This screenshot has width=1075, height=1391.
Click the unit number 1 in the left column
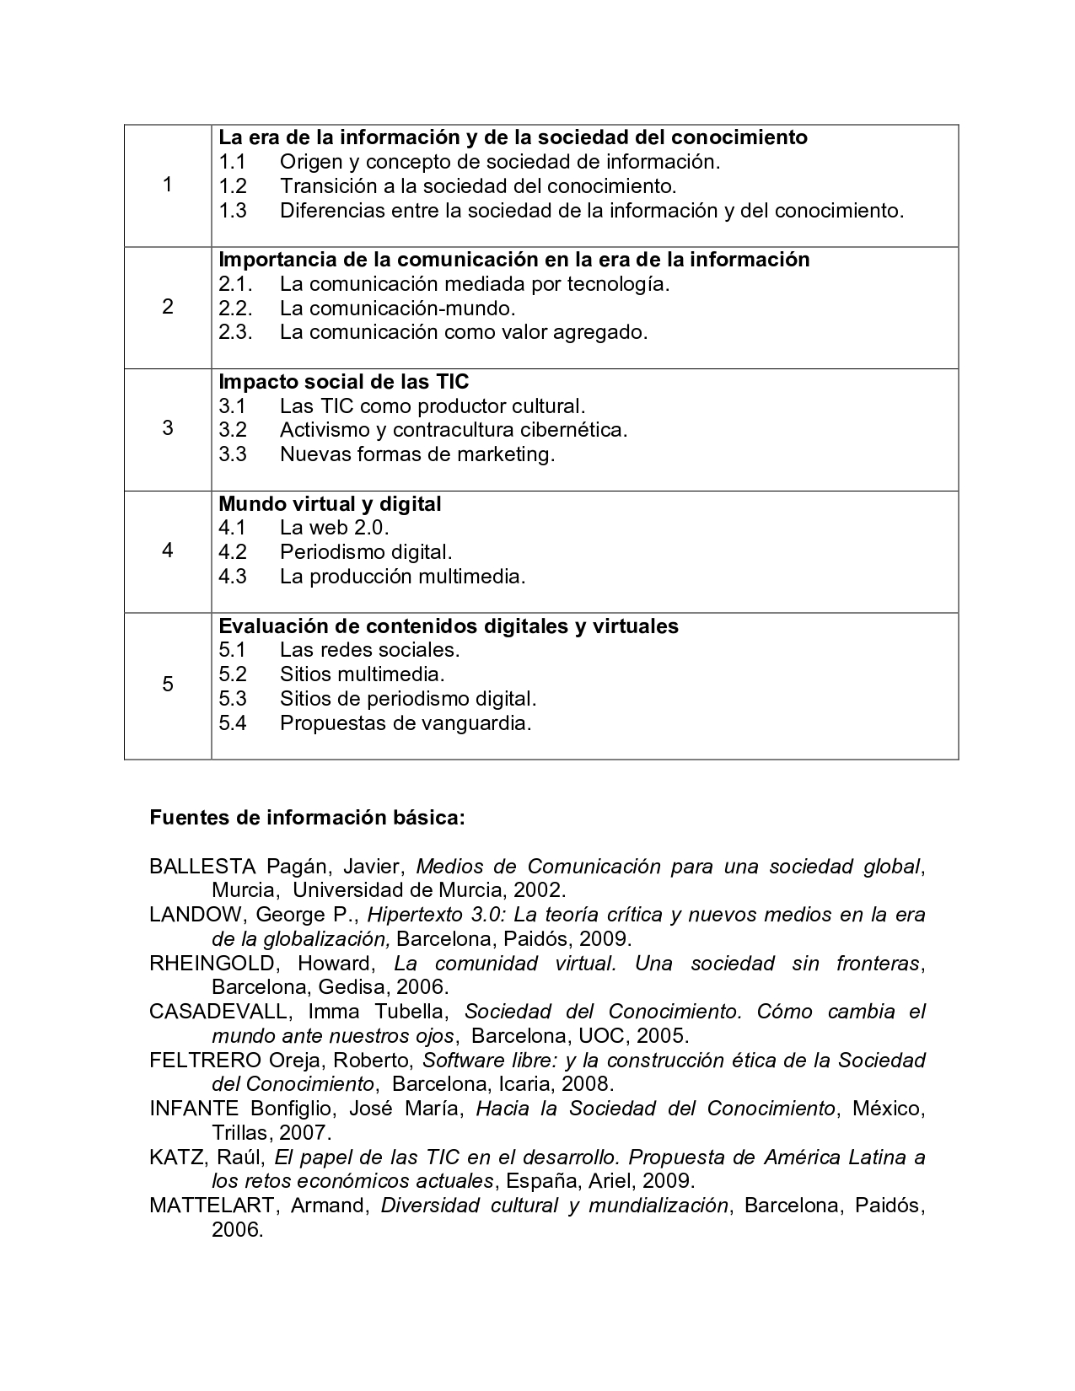click(x=167, y=185)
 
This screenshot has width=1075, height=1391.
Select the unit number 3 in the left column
click(x=167, y=428)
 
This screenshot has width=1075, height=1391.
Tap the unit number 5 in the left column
click(x=167, y=684)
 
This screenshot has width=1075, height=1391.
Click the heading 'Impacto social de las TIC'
click(x=343, y=382)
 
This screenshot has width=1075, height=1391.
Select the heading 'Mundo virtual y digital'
click(x=330, y=504)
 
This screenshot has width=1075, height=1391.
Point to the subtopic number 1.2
click(x=233, y=185)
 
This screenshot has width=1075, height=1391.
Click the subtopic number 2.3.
click(x=235, y=332)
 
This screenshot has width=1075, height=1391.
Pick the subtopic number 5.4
click(x=233, y=723)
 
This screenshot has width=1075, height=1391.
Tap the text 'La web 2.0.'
click(x=334, y=529)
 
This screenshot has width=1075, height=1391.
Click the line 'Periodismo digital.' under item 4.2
click(x=366, y=552)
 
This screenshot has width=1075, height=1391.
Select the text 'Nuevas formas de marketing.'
click(x=417, y=454)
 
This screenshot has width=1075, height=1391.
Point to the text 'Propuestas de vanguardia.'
click(x=406, y=723)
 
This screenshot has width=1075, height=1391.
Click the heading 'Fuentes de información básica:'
click(x=307, y=818)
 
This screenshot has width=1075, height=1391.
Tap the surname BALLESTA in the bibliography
click(x=202, y=867)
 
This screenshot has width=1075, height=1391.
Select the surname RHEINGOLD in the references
click(x=212, y=964)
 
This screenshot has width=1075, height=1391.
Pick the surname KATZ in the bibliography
click(x=175, y=1157)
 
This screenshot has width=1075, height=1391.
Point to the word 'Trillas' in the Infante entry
click(x=243, y=1133)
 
